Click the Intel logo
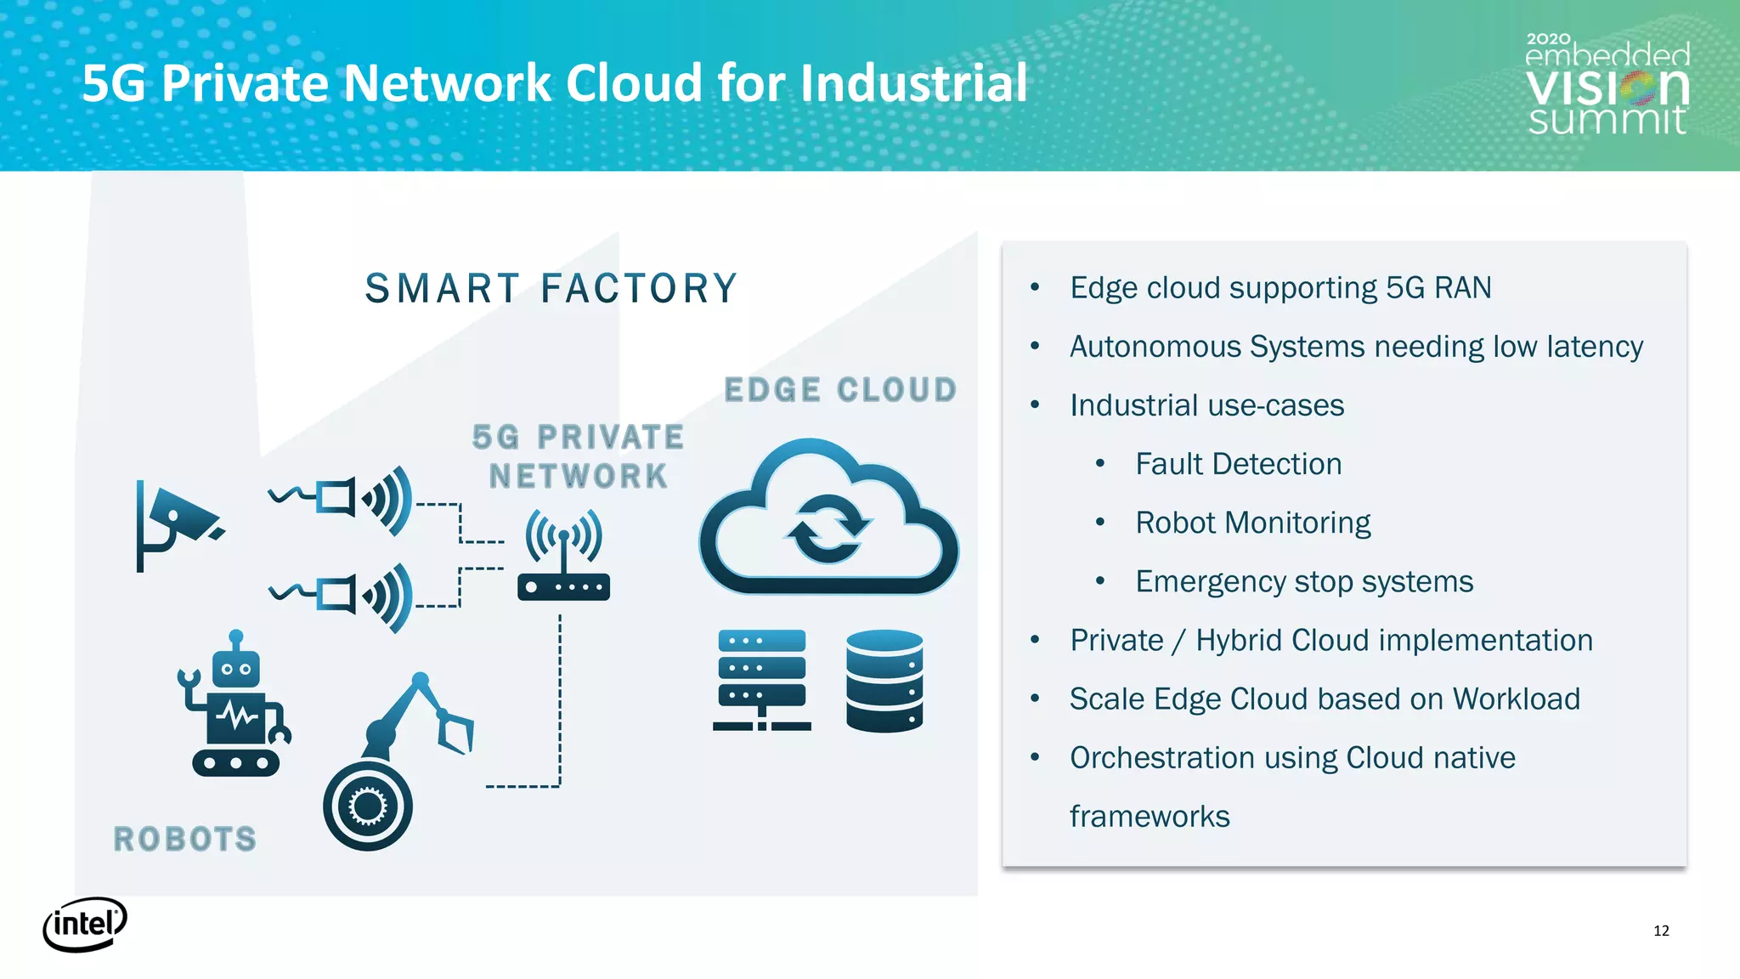click(85, 924)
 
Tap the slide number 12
click(1661, 931)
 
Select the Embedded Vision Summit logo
click(1607, 85)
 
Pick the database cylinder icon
click(884, 680)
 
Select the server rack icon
click(761, 680)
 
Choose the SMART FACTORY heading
click(551, 288)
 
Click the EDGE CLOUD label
click(840, 390)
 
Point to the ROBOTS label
click(185, 840)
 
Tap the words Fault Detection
click(1238, 464)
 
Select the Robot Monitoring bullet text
click(1252, 523)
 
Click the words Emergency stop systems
click(1304, 581)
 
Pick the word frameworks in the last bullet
click(1150, 816)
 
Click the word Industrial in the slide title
click(913, 83)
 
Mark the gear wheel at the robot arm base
click(368, 806)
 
